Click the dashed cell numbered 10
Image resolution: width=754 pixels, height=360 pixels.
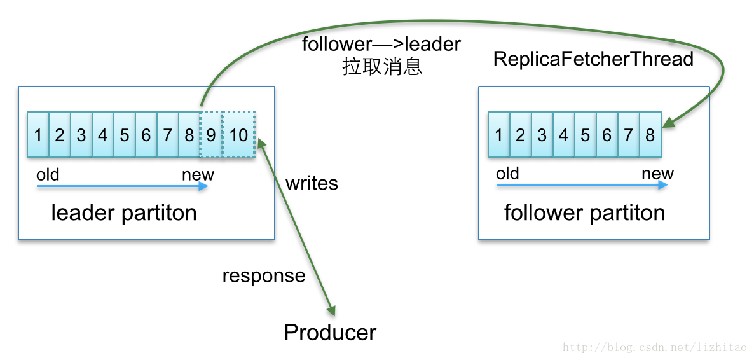click(239, 135)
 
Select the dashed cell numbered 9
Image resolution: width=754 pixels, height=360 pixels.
click(211, 135)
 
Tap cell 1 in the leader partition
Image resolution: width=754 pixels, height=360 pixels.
click(38, 135)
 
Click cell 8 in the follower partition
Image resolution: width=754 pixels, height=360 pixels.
click(650, 135)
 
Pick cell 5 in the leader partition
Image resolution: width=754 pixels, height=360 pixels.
click(125, 135)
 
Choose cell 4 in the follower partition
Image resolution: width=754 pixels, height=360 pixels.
click(563, 135)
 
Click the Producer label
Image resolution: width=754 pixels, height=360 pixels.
click(330, 333)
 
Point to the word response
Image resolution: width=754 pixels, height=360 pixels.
click(264, 276)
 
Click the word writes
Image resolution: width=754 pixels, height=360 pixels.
click(312, 184)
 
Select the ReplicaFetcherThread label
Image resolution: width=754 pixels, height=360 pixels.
click(593, 59)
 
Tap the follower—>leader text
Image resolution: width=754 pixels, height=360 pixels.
click(381, 45)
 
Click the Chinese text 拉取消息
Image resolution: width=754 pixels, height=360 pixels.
click(382, 66)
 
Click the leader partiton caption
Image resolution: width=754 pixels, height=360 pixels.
click(124, 212)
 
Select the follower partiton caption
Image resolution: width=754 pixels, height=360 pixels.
click(584, 212)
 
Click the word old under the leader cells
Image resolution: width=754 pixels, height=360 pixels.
click(48, 174)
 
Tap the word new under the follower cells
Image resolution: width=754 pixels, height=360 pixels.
click(657, 174)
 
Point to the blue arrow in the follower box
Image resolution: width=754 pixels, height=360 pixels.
click(582, 185)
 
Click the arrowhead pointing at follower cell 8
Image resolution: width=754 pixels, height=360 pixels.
click(668, 123)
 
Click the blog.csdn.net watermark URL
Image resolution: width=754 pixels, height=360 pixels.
click(655, 348)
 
